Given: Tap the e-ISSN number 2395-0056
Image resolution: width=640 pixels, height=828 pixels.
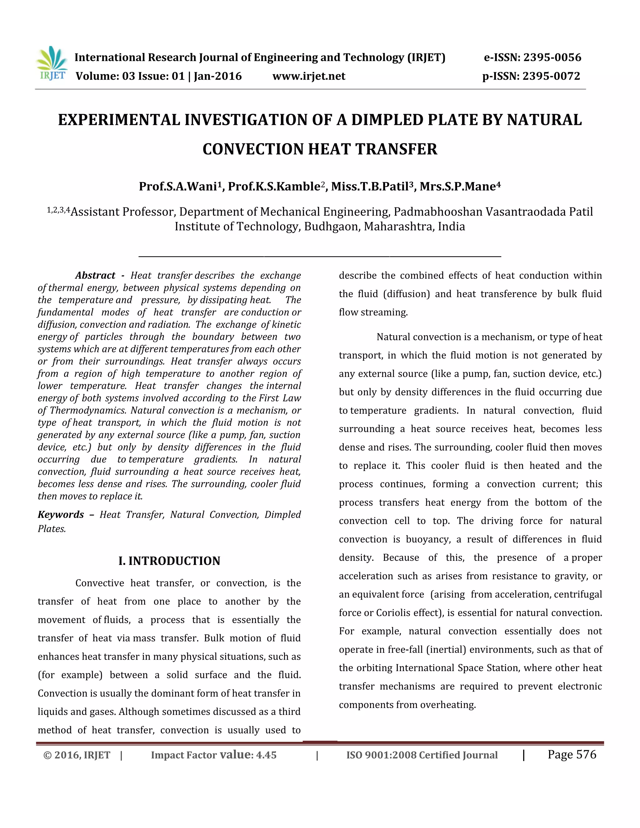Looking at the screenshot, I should click(x=552, y=57).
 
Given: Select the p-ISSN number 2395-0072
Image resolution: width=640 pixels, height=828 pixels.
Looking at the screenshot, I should click(x=551, y=76).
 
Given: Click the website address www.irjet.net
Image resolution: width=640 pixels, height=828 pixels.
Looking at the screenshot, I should click(x=309, y=76).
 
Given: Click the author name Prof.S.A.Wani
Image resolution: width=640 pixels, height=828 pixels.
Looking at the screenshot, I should click(x=177, y=187).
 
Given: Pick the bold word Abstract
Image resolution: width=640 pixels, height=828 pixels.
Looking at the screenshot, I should click(x=95, y=275).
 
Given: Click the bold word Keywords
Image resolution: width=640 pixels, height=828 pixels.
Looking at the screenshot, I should click(x=61, y=515).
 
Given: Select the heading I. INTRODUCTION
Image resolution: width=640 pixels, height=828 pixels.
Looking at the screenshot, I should click(x=169, y=561).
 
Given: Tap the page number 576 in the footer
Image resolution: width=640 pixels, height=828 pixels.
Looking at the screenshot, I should click(x=586, y=755).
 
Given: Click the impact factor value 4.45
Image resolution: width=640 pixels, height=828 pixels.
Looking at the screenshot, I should click(x=266, y=755).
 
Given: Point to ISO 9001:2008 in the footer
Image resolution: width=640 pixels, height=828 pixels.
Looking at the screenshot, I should click(x=381, y=755).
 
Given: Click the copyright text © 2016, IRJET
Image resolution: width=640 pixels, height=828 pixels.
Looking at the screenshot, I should click(x=77, y=755).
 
